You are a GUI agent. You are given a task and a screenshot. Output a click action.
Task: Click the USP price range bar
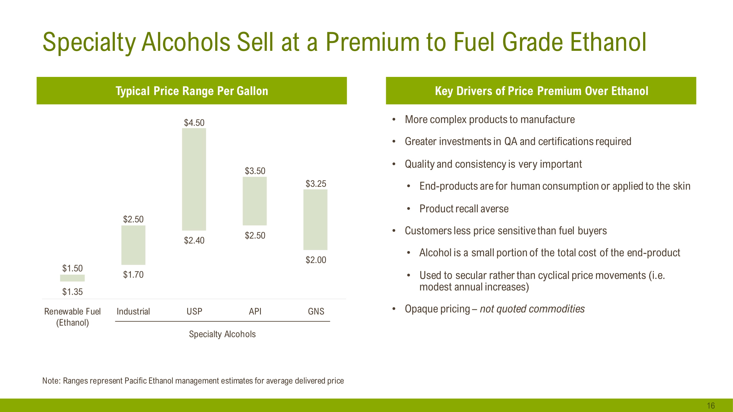point(194,179)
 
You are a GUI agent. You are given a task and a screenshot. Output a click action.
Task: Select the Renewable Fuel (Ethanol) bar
point(72,278)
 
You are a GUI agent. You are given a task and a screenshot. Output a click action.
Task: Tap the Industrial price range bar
point(133,245)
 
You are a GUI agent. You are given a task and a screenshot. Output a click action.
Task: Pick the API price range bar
point(255,201)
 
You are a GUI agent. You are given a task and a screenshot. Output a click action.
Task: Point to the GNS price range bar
point(315,219)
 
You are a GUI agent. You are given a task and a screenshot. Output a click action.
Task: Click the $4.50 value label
point(194,123)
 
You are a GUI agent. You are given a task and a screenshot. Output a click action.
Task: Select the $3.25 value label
point(316,184)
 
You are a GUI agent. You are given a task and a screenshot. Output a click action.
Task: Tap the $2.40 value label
point(194,241)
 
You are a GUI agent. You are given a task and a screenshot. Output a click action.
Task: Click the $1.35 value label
point(72,292)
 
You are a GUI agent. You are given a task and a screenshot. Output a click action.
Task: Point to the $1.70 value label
point(133,275)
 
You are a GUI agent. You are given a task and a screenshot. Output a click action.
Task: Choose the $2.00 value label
point(316,260)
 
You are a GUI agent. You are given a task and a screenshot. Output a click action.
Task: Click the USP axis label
point(194,311)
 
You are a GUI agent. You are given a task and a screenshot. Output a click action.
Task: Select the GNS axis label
point(316,311)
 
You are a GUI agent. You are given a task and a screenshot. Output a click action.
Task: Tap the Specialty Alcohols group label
point(222,334)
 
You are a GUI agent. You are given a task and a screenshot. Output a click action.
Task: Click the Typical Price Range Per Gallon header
point(192,91)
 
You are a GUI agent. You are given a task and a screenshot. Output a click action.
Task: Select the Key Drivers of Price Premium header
point(541,91)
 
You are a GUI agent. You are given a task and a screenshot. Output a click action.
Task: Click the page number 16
point(710,405)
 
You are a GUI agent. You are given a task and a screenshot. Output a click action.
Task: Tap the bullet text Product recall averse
point(464,209)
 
